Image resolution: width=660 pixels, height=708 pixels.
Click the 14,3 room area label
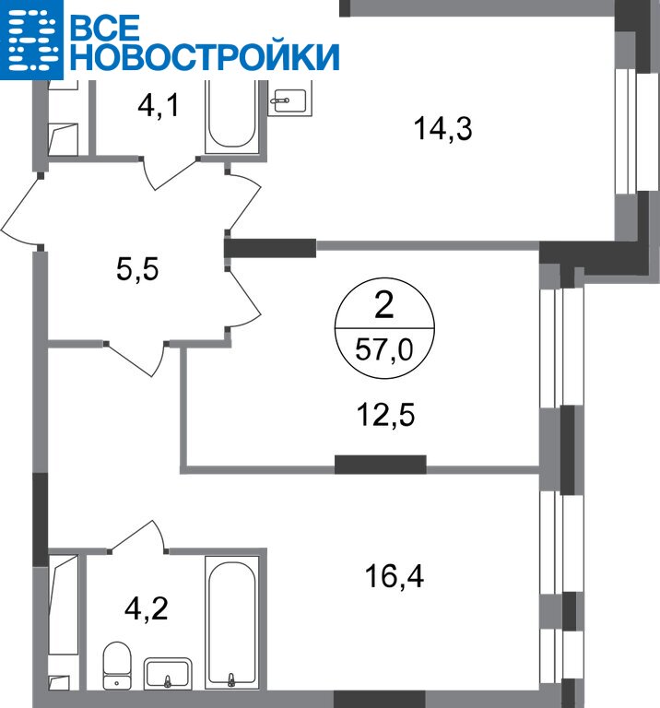[442, 129]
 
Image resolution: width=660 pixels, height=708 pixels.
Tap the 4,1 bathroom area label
[158, 107]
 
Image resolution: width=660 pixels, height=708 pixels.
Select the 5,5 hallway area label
[137, 269]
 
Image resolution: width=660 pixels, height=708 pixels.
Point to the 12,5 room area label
[385, 415]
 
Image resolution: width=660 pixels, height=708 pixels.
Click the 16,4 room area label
[395, 576]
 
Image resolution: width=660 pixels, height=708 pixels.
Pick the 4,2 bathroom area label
[147, 608]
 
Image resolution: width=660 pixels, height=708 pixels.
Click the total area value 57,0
[384, 349]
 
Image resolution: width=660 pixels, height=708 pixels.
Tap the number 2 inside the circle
[384, 305]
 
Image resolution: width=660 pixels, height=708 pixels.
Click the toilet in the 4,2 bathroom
[117, 666]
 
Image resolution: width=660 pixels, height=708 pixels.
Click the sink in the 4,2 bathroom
[168, 673]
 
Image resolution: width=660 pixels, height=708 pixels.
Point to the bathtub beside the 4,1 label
[232, 116]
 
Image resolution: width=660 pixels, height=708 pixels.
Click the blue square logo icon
[31, 40]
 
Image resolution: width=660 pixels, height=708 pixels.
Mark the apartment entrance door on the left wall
[20, 210]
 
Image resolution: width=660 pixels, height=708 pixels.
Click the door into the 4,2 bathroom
[136, 536]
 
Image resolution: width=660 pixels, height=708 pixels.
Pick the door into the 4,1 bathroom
[170, 173]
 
